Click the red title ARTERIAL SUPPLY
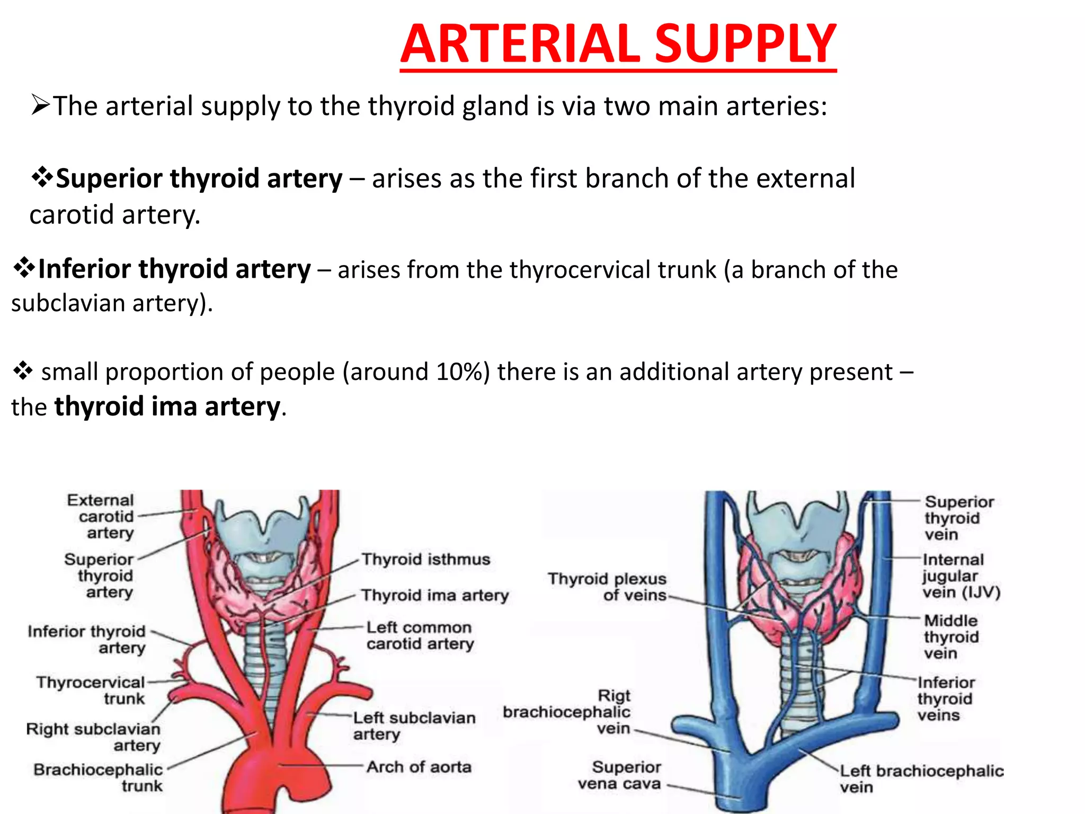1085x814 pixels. click(x=618, y=45)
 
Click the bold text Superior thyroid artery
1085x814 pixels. click(x=199, y=179)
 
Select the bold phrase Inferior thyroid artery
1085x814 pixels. click(x=174, y=269)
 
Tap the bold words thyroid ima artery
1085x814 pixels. click(x=167, y=407)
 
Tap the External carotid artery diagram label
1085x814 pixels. click(x=101, y=516)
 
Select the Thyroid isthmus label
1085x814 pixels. click(x=426, y=560)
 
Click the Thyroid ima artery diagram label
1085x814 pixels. click(x=434, y=596)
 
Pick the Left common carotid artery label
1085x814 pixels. click(x=420, y=635)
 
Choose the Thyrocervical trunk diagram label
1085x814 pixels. click(x=91, y=690)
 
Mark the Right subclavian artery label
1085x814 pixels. click(x=94, y=737)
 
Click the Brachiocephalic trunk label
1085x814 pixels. click(x=99, y=777)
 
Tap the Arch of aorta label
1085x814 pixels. click(x=419, y=767)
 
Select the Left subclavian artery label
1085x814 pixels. click(x=414, y=725)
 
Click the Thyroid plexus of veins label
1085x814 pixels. click(x=608, y=587)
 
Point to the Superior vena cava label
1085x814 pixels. click(x=620, y=775)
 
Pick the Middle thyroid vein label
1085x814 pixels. click(x=951, y=636)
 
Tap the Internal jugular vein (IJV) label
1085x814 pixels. click(x=961, y=576)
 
